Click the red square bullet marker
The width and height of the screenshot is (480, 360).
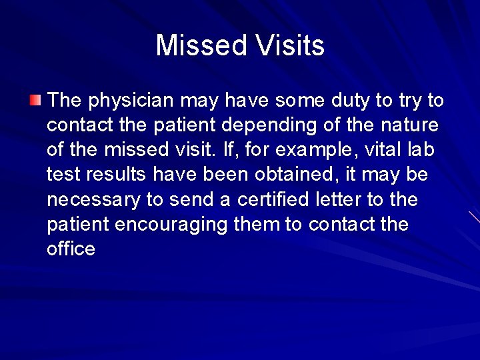(35, 101)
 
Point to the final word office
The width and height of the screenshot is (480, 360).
(71, 249)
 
